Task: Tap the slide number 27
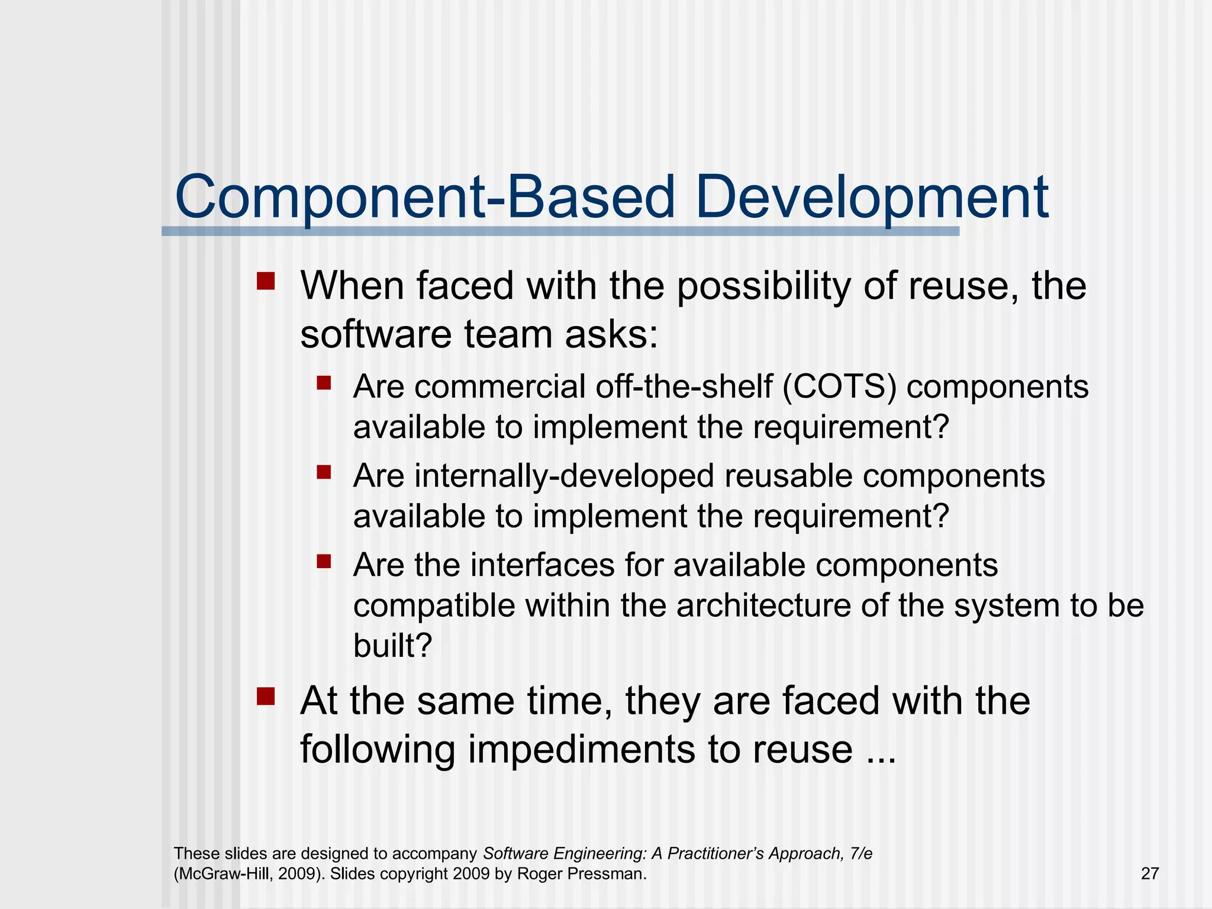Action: click(1149, 873)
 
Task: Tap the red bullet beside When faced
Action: click(266, 281)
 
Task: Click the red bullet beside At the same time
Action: click(266, 696)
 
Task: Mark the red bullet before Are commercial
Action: click(324, 383)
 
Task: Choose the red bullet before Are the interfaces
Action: click(324, 561)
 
